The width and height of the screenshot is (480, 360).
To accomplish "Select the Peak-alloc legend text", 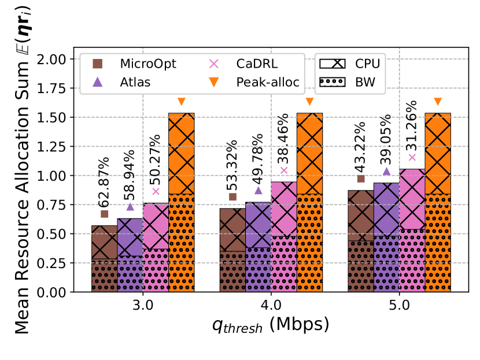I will point(268,82).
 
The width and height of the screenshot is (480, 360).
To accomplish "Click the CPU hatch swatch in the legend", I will point(335,63).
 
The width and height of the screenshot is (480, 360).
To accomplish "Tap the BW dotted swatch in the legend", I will point(335,82).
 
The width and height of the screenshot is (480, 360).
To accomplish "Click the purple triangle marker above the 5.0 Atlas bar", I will point(387,171).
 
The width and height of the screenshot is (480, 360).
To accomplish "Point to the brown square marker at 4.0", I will point(232,197).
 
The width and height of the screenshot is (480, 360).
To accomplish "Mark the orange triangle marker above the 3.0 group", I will point(181,102).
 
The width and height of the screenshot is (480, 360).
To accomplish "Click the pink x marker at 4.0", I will point(284,170).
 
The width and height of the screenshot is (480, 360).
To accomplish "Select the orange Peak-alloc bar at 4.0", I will point(309,202).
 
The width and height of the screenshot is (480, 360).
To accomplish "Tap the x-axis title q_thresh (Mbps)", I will point(271,325).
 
